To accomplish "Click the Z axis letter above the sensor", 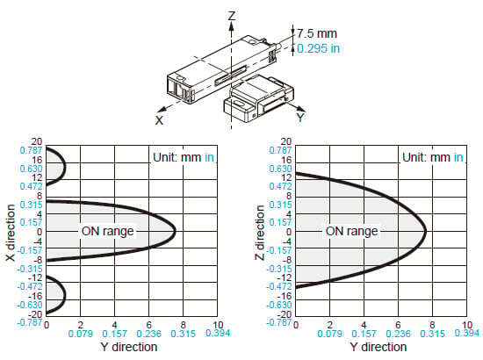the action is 232,16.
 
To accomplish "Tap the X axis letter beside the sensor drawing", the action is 159,120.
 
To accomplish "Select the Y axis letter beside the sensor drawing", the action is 300,118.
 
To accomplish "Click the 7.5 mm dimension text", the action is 317,33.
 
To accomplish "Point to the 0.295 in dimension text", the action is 319,48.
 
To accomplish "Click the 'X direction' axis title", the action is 11,233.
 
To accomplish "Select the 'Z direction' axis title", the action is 260,233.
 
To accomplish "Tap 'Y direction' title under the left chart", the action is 129,347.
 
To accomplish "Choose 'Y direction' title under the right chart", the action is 378,347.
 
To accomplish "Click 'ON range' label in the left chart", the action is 107,231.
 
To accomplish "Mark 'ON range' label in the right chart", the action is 352,231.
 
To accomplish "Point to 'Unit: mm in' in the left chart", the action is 184,157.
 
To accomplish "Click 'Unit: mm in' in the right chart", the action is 433,157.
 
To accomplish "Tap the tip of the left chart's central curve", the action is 176,231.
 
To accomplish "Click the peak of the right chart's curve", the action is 426,231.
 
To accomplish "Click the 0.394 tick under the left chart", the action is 218,333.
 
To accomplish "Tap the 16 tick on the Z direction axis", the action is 286,160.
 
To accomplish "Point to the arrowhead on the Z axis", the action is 231,26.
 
